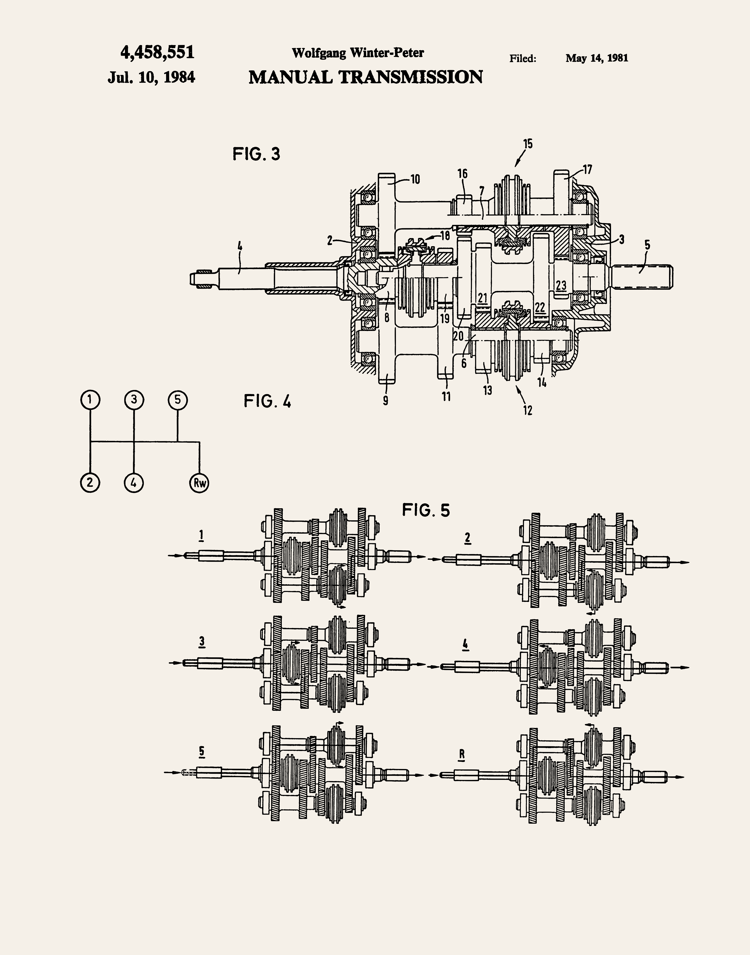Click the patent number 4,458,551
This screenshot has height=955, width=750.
pyautogui.click(x=157, y=53)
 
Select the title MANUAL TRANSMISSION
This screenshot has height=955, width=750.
pyautogui.click(x=365, y=77)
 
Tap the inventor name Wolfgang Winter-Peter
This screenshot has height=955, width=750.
pyautogui.click(x=358, y=53)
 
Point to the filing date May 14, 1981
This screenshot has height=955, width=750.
pyautogui.click(x=597, y=58)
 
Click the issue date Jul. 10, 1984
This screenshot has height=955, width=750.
pyautogui.click(x=151, y=77)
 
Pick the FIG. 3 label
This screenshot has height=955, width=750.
pyautogui.click(x=256, y=154)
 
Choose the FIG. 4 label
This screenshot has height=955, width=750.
pyautogui.click(x=267, y=401)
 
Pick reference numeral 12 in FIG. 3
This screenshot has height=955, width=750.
pyautogui.click(x=528, y=410)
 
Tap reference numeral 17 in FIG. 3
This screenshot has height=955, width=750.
pyautogui.click(x=587, y=169)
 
